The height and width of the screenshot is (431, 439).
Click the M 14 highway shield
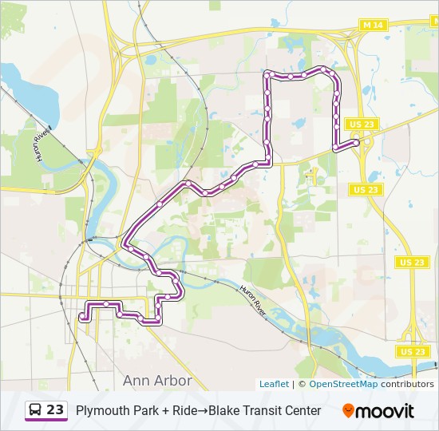coord(372,26)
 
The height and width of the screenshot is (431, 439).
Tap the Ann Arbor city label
coord(157,380)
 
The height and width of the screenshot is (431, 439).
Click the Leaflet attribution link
coord(274,384)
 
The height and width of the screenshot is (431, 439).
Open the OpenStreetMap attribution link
coord(343,384)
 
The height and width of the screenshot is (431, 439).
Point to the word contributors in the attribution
coord(407,384)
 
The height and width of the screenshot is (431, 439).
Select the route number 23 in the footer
coord(55,410)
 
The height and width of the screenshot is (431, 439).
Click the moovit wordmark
coord(385,411)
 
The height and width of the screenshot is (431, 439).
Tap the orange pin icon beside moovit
coord(348,410)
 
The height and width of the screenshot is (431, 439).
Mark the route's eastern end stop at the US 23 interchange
coord(356,142)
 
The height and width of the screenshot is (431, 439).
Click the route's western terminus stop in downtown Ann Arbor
coord(82,317)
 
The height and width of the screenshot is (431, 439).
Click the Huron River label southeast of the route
coord(254,301)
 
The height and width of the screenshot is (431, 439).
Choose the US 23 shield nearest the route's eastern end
coord(362,124)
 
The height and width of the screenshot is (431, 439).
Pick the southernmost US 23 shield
coord(412,351)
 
